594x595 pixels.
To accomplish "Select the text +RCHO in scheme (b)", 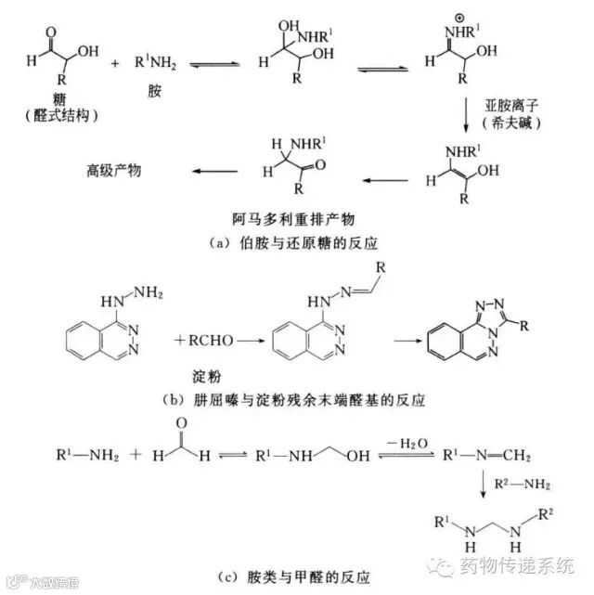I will click(x=203, y=341).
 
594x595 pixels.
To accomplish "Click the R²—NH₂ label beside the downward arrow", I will click(x=523, y=484).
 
